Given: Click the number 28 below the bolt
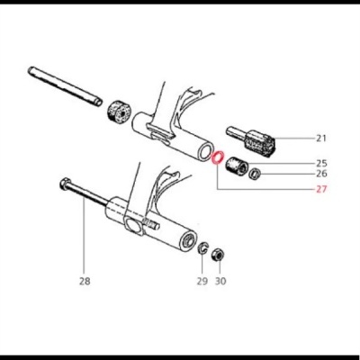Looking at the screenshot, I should click(x=85, y=281).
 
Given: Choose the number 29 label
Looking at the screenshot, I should click(x=202, y=281).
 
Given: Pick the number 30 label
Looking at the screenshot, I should click(x=221, y=281).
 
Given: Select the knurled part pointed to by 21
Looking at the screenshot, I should click(x=262, y=142).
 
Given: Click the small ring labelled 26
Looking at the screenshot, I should click(x=256, y=174).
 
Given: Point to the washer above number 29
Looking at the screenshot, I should click(x=204, y=249).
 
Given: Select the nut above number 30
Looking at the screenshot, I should click(x=218, y=255).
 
